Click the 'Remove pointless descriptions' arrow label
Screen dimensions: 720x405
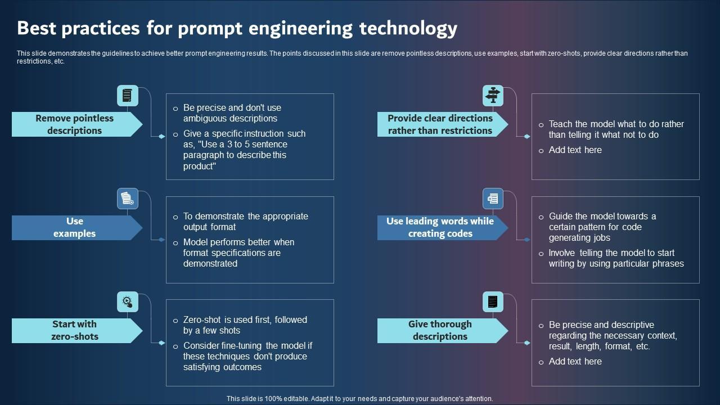pos(74,124)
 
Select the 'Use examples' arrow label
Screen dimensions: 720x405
pos(74,227)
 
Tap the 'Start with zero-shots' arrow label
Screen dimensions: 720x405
pos(74,330)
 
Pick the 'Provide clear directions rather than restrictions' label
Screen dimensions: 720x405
pos(440,124)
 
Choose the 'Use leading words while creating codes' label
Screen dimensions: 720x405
pos(440,227)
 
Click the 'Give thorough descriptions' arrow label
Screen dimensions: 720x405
pos(440,330)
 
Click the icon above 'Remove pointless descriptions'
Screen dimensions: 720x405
pos(128,96)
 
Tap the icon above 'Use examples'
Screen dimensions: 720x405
pos(128,199)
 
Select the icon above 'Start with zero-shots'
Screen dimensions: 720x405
pos(128,301)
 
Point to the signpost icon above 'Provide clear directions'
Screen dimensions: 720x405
pos(493,96)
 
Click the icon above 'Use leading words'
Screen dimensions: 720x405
pos(493,199)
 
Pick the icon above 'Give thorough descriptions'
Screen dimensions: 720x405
pos(493,301)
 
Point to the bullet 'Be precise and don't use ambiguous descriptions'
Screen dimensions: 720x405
pos(232,113)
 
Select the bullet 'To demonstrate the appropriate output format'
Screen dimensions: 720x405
pos(245,222)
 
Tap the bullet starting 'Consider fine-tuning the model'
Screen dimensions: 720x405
pos(247,356)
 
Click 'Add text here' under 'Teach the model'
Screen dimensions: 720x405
pos(575,150)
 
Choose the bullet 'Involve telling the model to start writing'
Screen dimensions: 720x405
pos(616,258)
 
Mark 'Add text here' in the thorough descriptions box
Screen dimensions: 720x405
pos(575,362)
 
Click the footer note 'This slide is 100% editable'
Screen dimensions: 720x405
pos(359,398)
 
